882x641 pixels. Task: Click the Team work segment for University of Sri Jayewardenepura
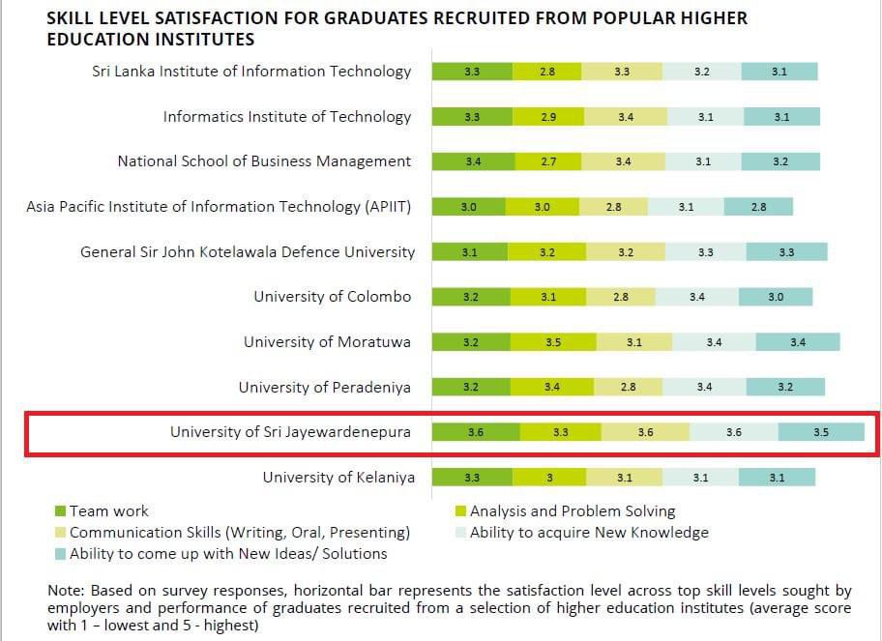coord(475,432)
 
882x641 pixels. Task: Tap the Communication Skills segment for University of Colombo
coord(621,297)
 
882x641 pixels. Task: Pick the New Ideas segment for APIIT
coord(758,206)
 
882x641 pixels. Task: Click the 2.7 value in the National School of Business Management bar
coord(548,161)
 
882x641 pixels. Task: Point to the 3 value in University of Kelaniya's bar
coord(548,478)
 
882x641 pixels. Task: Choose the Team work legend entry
coord(109,510)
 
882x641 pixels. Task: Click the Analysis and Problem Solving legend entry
coord(572,510)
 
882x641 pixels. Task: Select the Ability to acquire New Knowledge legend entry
coord(588,532)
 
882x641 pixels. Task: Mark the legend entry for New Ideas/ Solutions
coord(227,554)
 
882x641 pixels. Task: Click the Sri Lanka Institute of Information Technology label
coord(251,71)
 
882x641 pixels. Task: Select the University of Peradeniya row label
coord(325,388)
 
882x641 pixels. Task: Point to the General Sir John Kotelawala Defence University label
coord(248,251)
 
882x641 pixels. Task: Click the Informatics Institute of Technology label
coord(287,116)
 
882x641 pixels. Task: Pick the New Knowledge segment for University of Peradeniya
coord(704,388)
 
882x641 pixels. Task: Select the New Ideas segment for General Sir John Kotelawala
coord(786,251)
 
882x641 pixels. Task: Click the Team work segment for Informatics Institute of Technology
coord(472,116)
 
